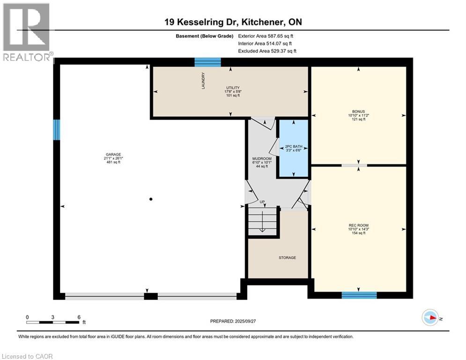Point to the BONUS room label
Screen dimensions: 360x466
(x=359, y=112)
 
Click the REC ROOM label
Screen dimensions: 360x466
(x=359, y=225)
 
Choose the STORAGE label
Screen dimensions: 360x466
(x=287, y=258)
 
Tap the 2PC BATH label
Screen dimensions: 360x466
(x=293, y=147)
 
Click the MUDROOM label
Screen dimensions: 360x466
(x=259, y=158)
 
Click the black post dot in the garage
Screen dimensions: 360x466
(x=151, y=199)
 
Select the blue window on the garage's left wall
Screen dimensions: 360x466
(x=57, y=130)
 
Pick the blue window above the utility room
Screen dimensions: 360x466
(x=207, y=62)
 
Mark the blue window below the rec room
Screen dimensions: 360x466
(x=359, y=295)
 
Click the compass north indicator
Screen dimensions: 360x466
(x=430, y=318)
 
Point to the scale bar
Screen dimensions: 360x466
(x=52, y=322)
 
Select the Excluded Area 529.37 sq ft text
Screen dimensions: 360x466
(x=267, y=51)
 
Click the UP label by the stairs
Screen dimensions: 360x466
(x=262, y=202)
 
